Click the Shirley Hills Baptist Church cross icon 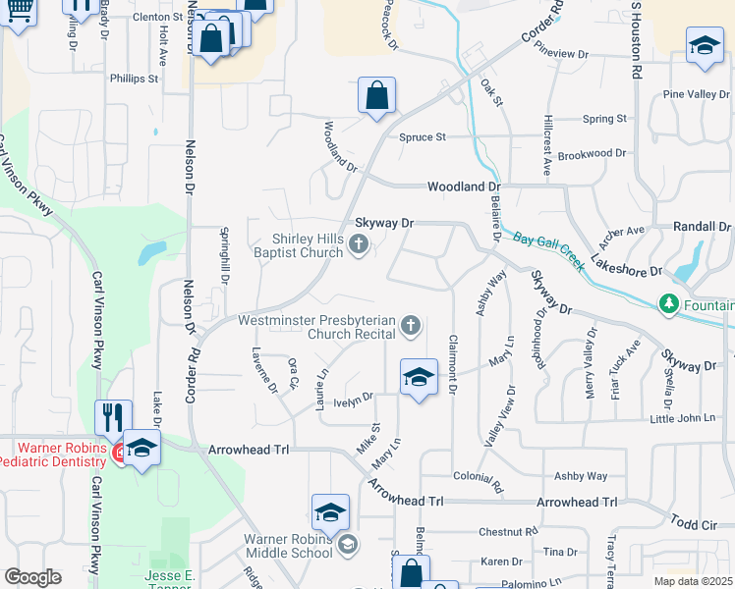(x=359, y=244)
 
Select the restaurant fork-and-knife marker (x=114, y=417)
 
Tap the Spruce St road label (x=423, y=137)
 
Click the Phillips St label (x=135, y=79)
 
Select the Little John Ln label (x=683, y=418)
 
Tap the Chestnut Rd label (x=508, y=532)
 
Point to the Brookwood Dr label (x=592, y=154)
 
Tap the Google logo (x=32, y=577)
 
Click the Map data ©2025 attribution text (x=693, y=581)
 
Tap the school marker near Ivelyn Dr (x=418, y=377)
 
